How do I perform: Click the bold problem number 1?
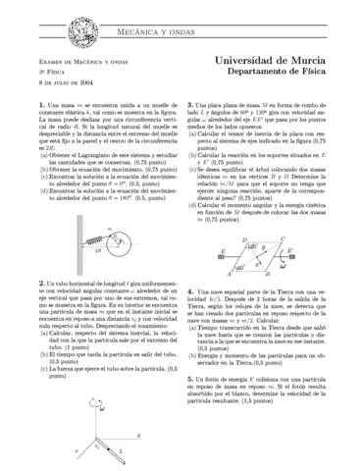tap(36, 104)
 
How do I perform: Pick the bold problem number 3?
tap(189, 104)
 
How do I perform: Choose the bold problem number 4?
tap(189, 291)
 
